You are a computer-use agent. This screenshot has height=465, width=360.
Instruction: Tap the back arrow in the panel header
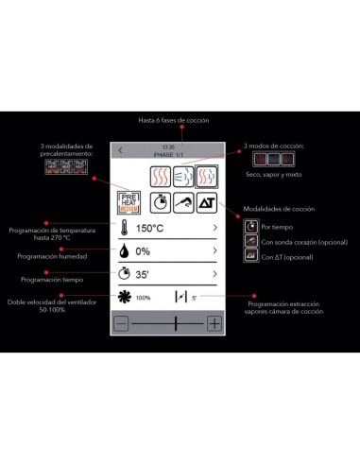coord(120,149)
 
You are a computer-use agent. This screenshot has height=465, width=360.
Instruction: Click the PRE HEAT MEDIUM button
coord(129,201)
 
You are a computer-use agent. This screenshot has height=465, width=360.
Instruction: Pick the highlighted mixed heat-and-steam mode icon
coord(207,174)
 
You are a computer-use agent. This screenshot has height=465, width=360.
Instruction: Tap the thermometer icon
coord(124,228)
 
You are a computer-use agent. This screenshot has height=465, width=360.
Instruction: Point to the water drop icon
coord(124,251)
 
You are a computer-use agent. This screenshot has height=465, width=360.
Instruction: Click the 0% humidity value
coord(144,251)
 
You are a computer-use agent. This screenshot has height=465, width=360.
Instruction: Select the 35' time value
coord(145,275)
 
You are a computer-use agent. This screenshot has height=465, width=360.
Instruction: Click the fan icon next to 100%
coord(124,297)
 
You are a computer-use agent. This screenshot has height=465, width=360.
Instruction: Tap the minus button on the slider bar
coord(121,323)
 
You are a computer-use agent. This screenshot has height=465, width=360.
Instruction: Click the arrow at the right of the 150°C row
coord(215,228)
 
